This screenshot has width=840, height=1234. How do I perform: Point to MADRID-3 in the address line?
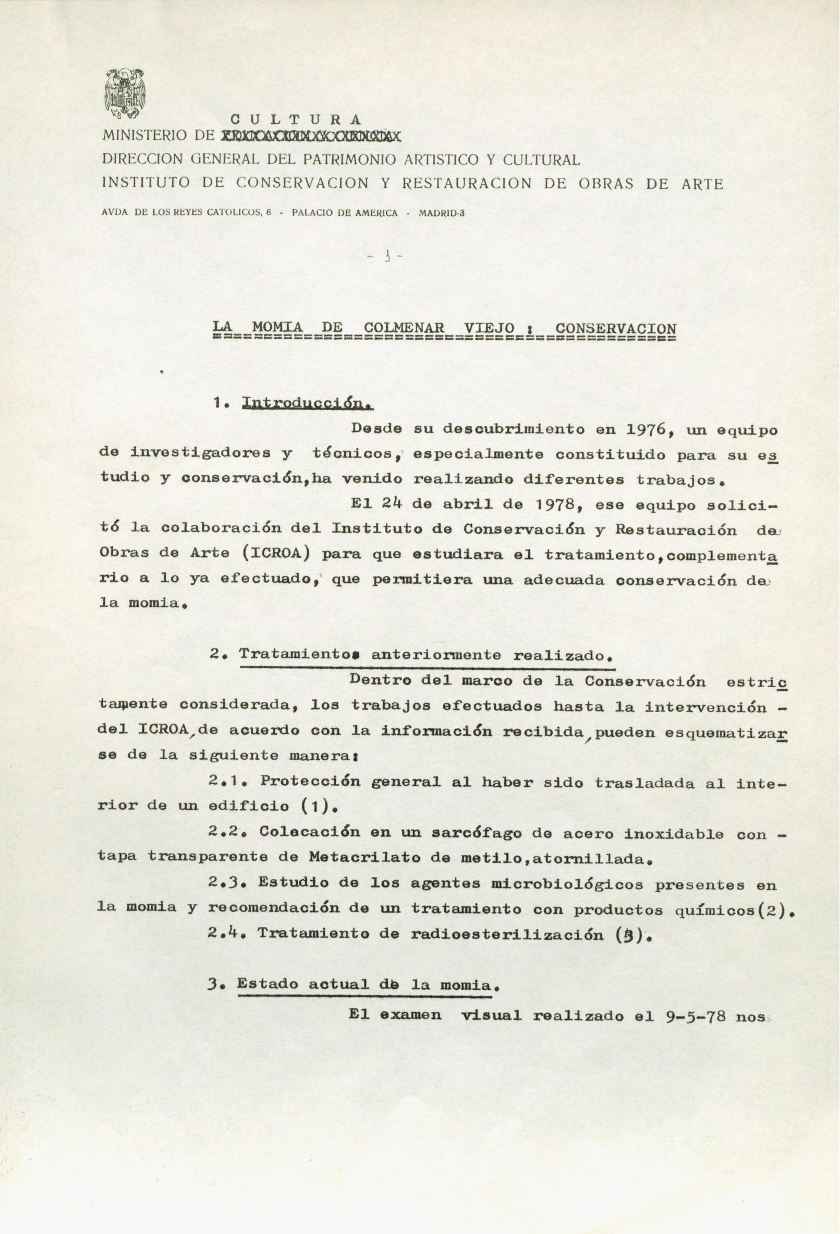442,213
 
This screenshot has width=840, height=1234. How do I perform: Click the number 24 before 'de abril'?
393,505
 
